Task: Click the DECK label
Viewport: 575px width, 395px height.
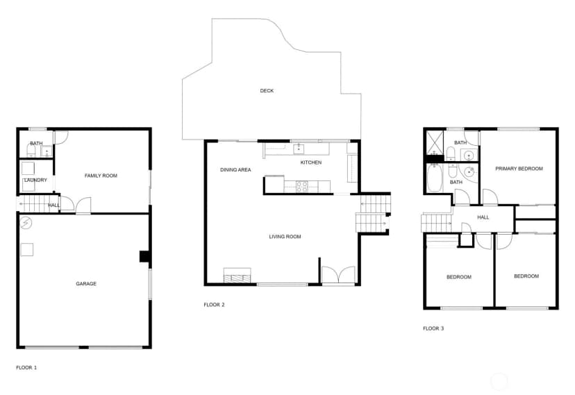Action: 267,90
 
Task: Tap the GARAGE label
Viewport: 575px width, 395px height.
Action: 86,284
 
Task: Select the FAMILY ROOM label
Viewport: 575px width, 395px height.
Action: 101,176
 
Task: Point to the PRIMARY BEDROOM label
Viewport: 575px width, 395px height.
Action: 519,169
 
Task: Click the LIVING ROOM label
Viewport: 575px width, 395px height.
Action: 285,237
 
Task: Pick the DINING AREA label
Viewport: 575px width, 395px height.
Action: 235,169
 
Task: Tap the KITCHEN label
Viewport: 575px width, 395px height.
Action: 311,162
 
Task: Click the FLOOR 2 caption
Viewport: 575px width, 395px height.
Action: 214,305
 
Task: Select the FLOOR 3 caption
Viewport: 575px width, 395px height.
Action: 433,328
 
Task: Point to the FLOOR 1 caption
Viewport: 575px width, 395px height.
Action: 26,367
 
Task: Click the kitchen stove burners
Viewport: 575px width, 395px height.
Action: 302,187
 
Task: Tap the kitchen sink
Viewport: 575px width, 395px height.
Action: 299,149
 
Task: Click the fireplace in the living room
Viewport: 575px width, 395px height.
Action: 237,276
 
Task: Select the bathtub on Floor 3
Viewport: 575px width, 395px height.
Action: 435,178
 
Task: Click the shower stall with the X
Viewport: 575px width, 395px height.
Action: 435,143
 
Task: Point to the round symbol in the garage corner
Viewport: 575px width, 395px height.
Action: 26,222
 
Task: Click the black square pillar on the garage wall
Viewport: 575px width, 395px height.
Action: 144,256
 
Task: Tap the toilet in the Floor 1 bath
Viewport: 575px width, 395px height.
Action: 31,151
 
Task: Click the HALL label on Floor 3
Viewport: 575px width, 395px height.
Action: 483,217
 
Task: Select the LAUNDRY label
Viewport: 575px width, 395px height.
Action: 35,180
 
